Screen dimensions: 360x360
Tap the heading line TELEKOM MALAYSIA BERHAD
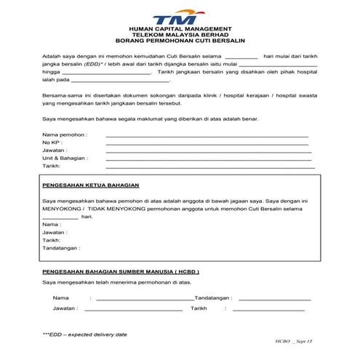point(177,36)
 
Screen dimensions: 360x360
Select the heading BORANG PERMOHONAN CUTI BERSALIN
point(177,43)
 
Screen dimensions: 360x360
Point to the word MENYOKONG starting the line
point(61,209)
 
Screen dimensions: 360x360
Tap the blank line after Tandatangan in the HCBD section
point(274,298)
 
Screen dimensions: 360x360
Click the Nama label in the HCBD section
point(60,298)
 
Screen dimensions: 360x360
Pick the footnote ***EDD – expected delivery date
point(84,334)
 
